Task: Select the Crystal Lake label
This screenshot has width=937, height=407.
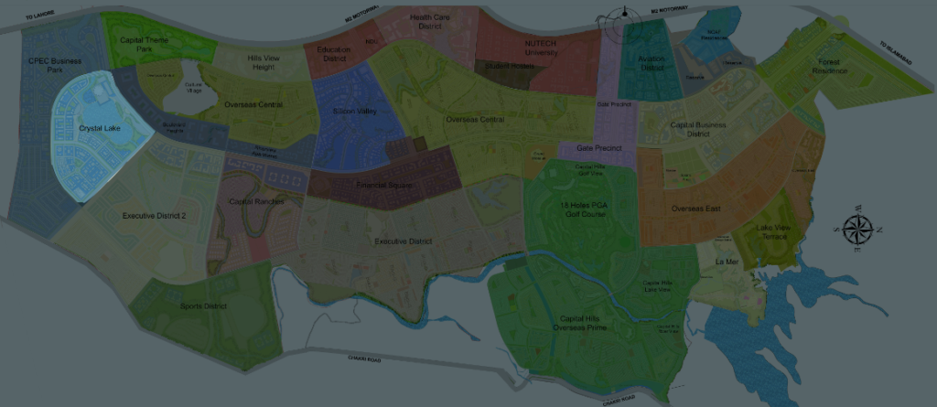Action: [95, 129]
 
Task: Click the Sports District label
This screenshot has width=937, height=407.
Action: [203, 305]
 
